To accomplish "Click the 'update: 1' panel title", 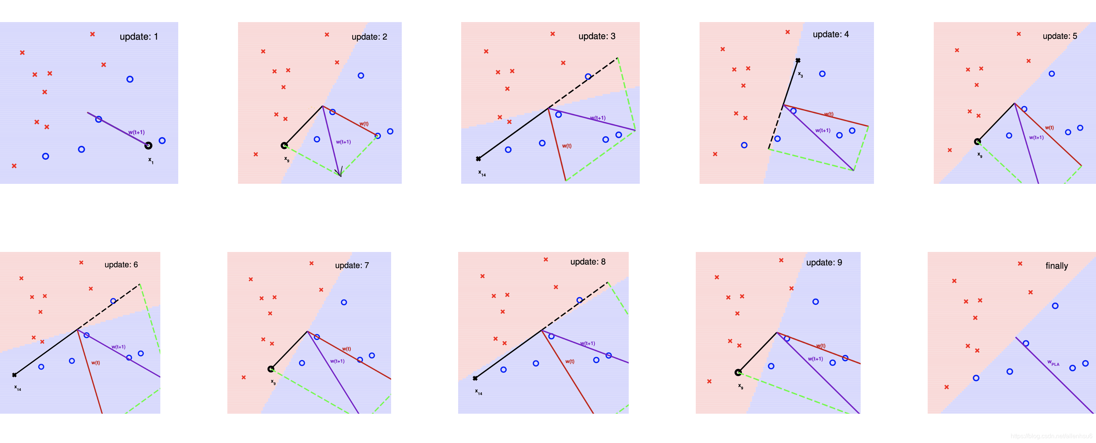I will tap(139, 37).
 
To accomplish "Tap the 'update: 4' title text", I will tap(831, 34).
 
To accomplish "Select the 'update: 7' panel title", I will tap(351, 265).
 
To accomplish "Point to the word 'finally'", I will tap(1056, 266).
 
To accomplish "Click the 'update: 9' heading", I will tap(824, 262).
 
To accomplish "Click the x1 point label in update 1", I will tap(151, 160).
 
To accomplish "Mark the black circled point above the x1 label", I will tap(148, 146).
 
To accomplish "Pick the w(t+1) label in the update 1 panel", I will tap(136, 132).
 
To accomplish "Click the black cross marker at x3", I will tap(798, 61).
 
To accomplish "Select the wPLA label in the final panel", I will tap(1053, 363).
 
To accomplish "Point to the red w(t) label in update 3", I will tap(567, 146).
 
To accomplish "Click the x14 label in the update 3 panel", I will tap(482, 173).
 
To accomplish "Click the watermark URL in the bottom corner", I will tap(1051, 436).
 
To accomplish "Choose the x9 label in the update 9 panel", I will tap(741, 386).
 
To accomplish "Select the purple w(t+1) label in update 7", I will tap(337, 361).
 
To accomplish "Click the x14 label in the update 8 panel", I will tap(479, 392).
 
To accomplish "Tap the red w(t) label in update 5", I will tap(1050, 127).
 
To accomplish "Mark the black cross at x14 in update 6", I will tap(14, 375).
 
